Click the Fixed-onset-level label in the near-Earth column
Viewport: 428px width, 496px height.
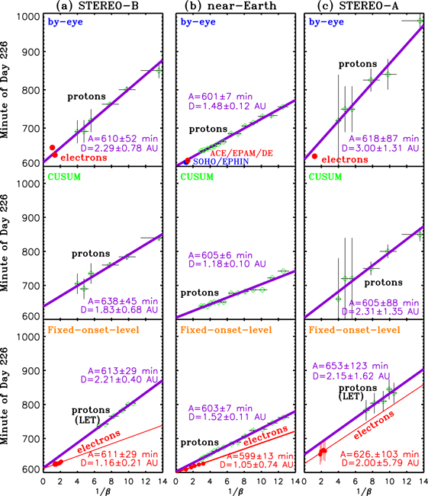(221, 329)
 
